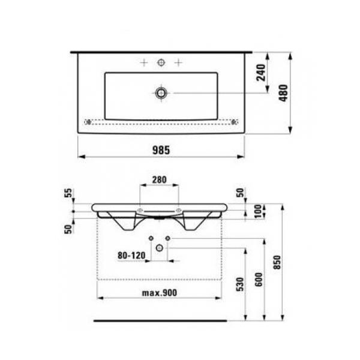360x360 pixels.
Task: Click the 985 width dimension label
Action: (x=161, y=151)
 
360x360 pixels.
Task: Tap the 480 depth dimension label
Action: (x=283, y=93)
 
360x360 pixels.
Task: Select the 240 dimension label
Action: (x=261, y=73)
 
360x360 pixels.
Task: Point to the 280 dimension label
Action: (x=160, y=179)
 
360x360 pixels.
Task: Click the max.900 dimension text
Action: (x=160, y=293)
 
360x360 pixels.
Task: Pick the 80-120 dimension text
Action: (x=131, y=256)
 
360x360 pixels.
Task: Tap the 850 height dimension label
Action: (x=277, y=262)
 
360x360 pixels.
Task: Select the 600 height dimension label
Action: (x=259, y=280)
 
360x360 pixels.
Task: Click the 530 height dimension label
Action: (x=240, y=284)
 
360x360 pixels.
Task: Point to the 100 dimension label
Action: (x=259, y=211)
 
